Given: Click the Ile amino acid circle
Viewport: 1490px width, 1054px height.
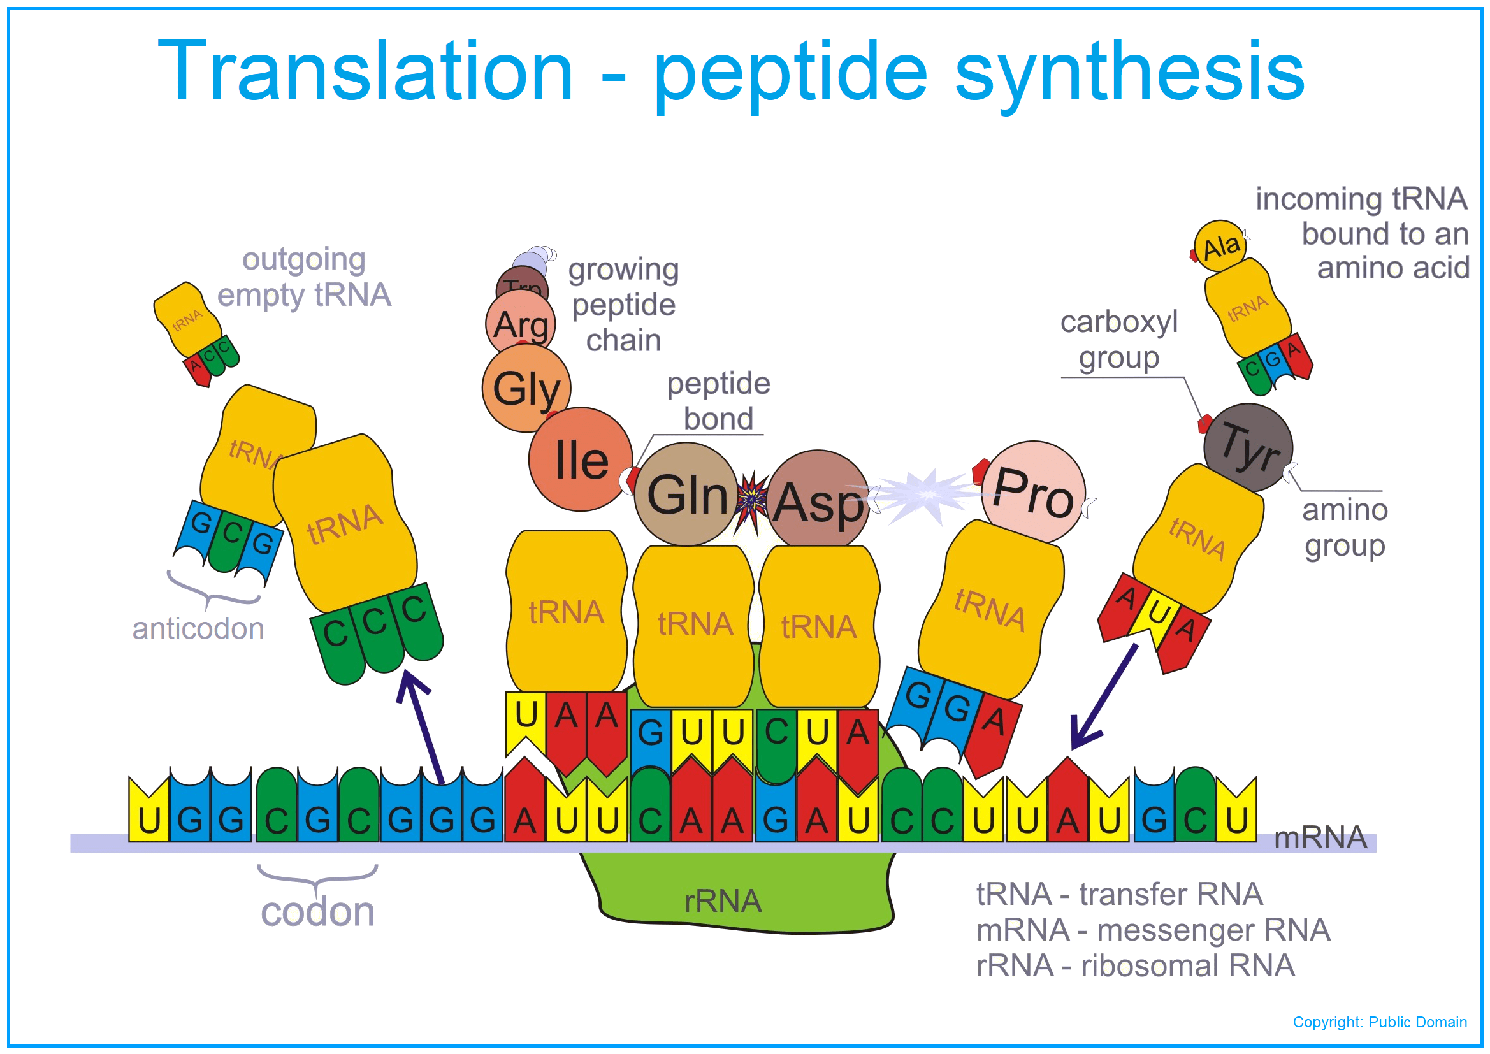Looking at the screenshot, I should pyautogui.click(x=580, y=459).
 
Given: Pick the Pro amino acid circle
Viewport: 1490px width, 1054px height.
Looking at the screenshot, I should pyautogui.click(x=1033, y=492).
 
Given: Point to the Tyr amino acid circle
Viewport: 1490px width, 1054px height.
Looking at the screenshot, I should pyautogui.click(x=1248, y=447).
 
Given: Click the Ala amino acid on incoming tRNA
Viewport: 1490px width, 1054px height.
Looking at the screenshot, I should pyautogui.click(x=1220, y=247).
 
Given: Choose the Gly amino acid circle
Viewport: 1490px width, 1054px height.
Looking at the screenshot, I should pyautogui.click(x=526, y=388).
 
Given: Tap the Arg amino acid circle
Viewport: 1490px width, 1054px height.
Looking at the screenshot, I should pyautogui.click(x=521, y=323).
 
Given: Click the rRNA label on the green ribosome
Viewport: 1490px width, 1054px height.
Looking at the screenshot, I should pyautogui.click(x=723, y=902).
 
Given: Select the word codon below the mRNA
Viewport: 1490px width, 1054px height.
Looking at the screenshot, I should pyautogui.click(x=317, y=912).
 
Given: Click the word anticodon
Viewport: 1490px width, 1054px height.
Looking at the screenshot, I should pyautogui.click(x=198, y=629).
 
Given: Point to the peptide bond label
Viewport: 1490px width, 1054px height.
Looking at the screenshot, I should pyautogui.click(x=718, y=401).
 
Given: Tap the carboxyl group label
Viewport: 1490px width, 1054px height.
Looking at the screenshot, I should pyautogui.click(x=1119, y=340).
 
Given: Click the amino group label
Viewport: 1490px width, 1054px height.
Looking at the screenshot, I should pyautogui.click(x=1345, y=528).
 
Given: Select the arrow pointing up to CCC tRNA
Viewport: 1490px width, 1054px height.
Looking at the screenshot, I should pyautogui.click(x=422, y=727).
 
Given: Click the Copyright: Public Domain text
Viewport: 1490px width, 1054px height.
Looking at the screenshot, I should pyautogui.click(x=1380, y=1022).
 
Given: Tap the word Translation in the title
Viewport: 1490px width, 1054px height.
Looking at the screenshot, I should pyautogui.click(x=365, y=71).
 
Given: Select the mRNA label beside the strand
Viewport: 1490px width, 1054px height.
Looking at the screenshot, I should pyautogui.click(x=1320, y=838).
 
